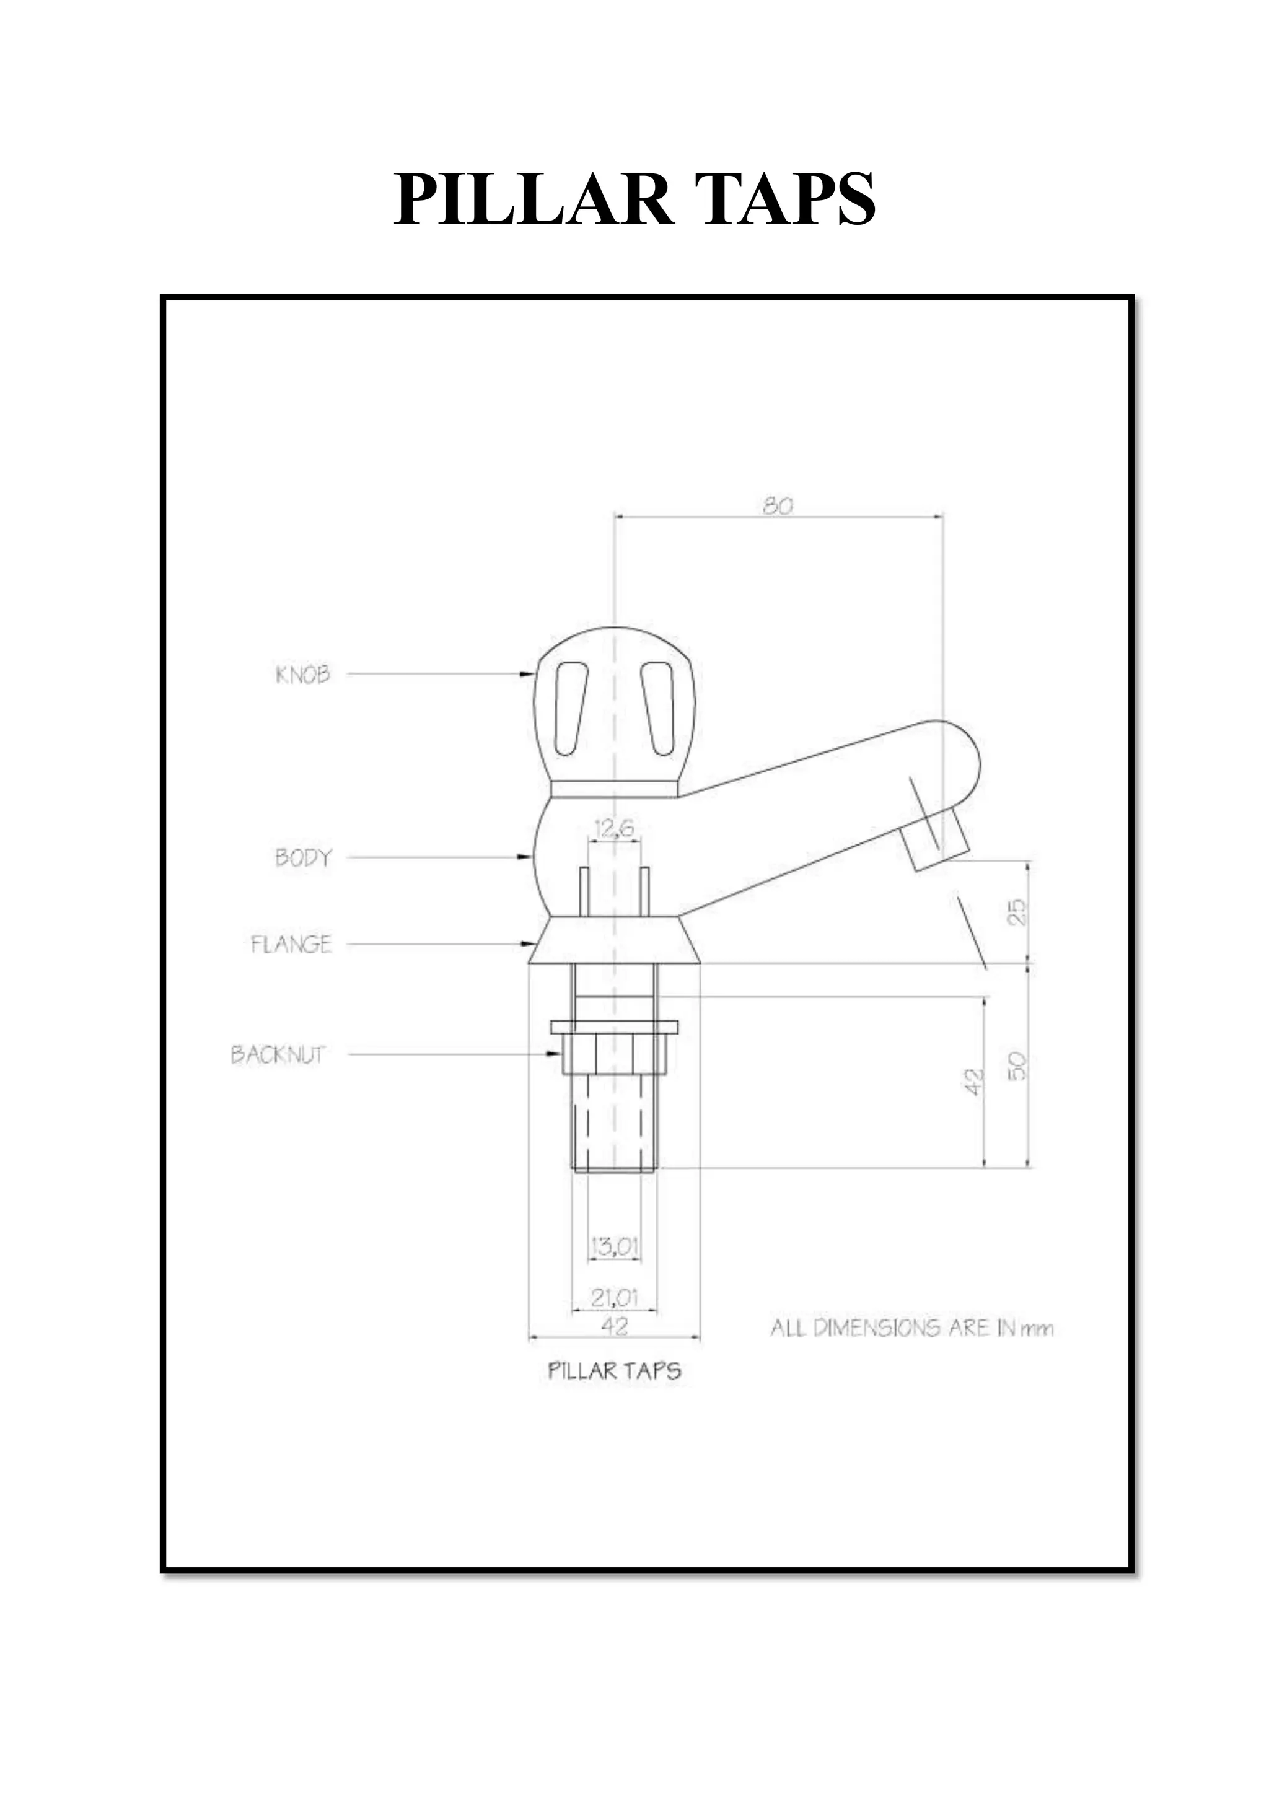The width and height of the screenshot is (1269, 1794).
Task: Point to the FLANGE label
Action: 291,944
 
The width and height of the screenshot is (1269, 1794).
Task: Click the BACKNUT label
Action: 278,1054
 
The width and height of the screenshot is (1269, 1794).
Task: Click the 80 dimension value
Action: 778,505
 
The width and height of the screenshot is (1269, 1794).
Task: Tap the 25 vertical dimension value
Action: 1016,912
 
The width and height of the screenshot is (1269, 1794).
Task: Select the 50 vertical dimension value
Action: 1016,1065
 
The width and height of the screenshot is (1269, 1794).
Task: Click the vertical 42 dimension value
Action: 972,1082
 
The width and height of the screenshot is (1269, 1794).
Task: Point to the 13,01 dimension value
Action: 614,1246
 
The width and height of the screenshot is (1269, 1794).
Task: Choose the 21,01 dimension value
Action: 614,1298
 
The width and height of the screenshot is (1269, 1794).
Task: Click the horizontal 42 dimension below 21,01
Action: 614,1325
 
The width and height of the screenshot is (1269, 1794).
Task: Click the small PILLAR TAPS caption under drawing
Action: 614,1370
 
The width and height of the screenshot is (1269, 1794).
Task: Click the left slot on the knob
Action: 571,709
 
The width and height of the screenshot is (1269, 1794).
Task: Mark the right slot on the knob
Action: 658,709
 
